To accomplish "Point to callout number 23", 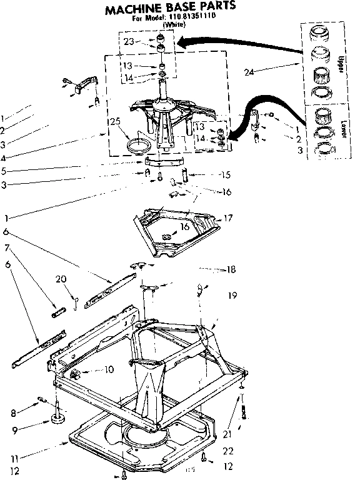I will pos(129,42).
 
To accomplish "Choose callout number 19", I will pos(233,294).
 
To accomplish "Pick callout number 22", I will pos(229,451).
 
